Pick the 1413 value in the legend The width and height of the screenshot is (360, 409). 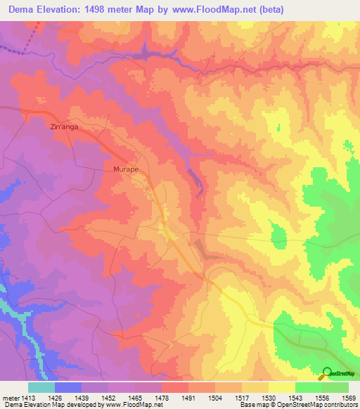(27, 398)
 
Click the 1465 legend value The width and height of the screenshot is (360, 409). (134, 398)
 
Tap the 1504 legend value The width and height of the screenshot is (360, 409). (214, 398)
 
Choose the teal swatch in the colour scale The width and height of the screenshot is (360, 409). (41, 387)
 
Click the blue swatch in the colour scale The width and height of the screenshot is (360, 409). (68, 387)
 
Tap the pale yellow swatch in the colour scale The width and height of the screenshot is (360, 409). (282, 387)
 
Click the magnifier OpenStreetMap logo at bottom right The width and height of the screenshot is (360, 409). (327, 372)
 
